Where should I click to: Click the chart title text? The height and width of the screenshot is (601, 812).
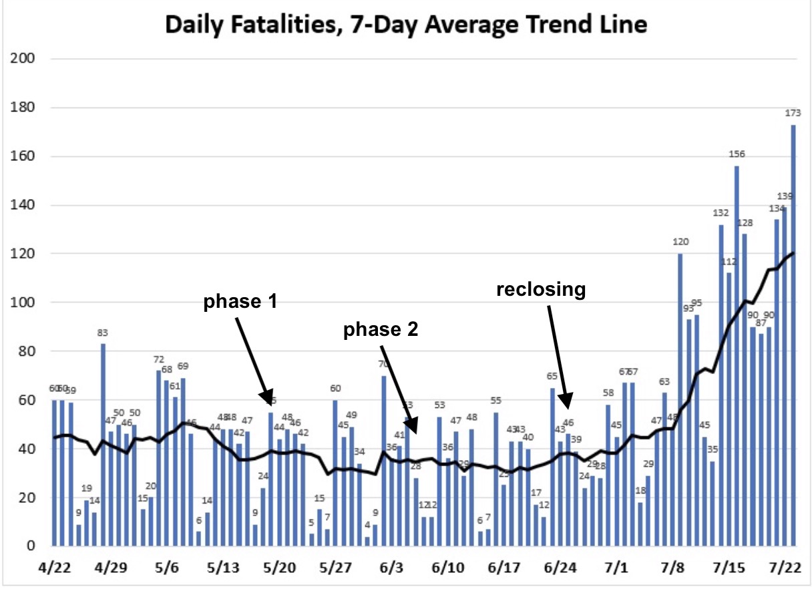point(406,25)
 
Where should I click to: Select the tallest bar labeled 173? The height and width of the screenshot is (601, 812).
point(793,334)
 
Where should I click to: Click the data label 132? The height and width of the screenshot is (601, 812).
point(721,213)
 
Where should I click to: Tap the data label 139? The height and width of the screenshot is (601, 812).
point(785,196)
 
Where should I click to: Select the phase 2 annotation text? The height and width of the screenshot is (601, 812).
point(380,330)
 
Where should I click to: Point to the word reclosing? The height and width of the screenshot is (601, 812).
point(540,289)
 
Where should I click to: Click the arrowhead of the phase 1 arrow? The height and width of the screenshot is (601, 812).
point(268,398)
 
